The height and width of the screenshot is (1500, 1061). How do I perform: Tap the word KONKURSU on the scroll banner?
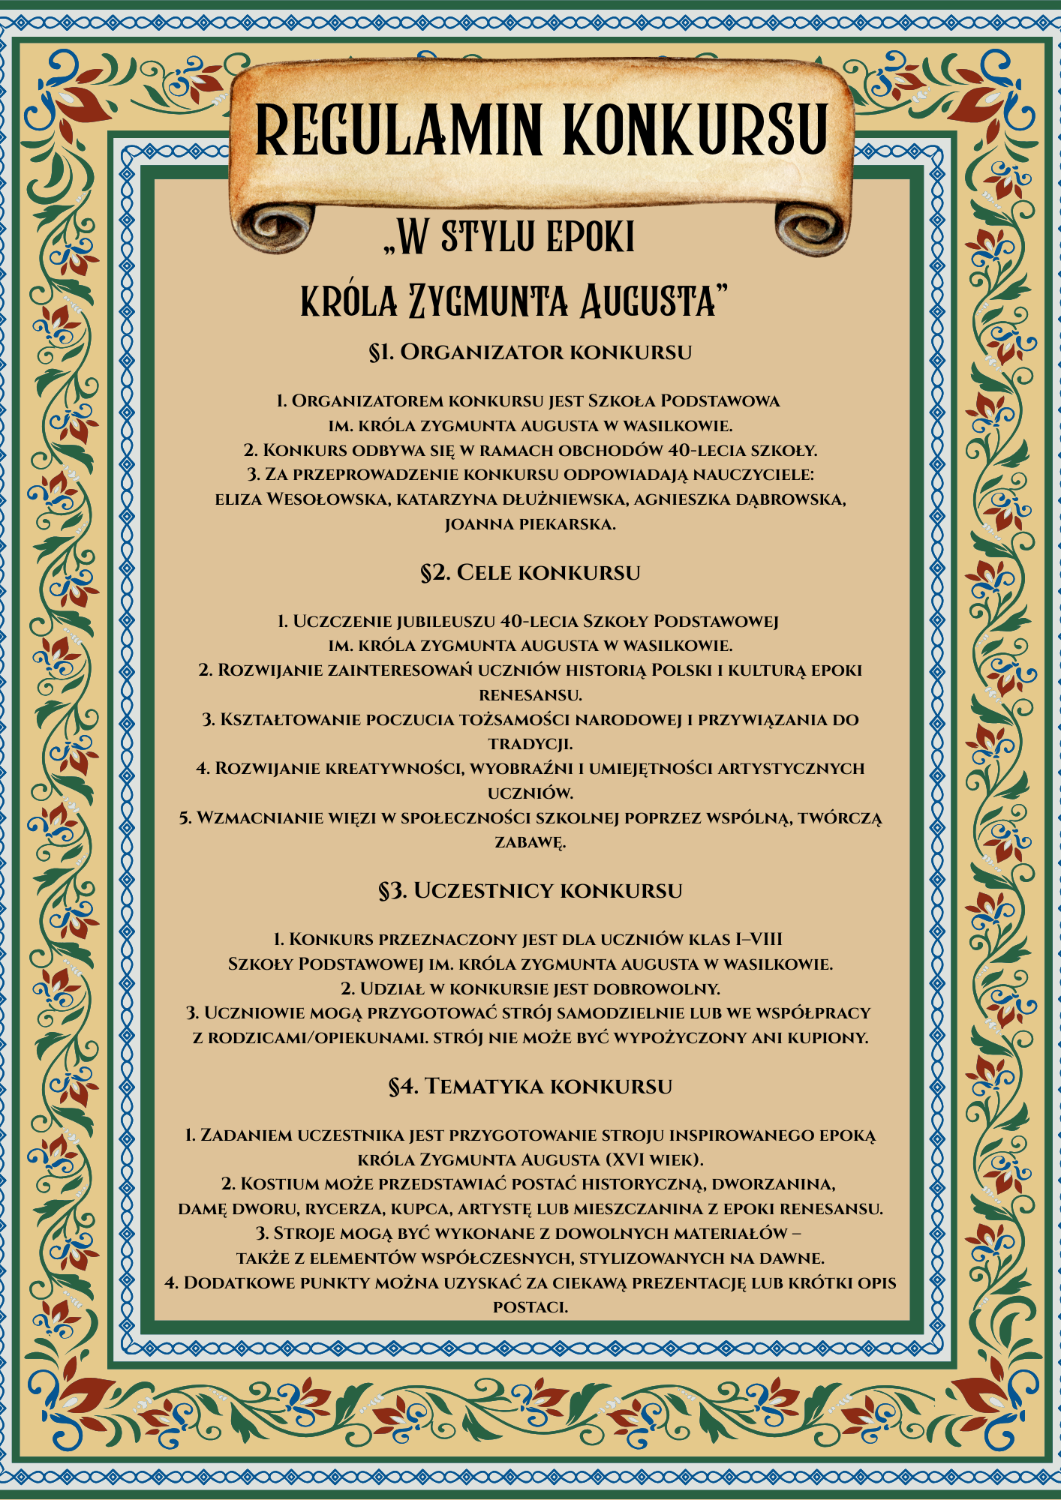pos(696,129)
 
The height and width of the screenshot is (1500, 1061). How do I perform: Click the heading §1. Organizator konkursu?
pos(530,352)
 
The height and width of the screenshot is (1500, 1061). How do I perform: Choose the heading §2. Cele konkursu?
pos(530,572)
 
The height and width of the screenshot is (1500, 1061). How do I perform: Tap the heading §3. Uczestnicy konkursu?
pos(530,890)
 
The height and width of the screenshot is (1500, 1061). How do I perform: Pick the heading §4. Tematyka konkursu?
pos(530,1086)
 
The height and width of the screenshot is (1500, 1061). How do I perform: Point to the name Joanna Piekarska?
pos(530,524)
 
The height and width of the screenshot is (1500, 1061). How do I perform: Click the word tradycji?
pos(530,744)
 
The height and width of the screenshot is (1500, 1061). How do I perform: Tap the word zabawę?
pos(530,842)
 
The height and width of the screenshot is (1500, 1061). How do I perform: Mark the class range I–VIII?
pos(759,939)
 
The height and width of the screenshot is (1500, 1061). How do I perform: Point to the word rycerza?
pos(324,1209)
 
